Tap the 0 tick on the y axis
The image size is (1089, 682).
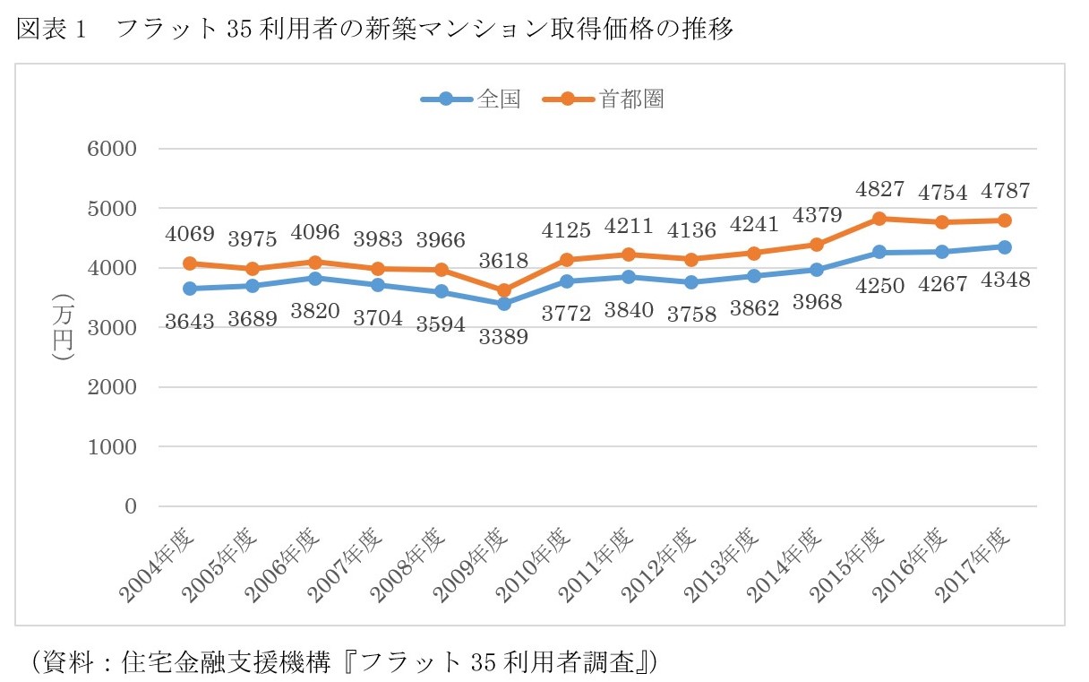tap(130, 506)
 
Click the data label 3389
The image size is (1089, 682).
tap(504, 337)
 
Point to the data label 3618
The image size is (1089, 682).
tap(504, 261)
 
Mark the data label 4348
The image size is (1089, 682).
tap(1005, 280)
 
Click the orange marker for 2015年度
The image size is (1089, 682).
tap(879, 219)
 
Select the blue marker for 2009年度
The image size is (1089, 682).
tap(504, 304)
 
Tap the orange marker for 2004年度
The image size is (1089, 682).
tap(190, 263)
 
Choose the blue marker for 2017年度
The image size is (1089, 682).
tap(1005, 247)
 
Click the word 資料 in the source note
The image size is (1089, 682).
tap(65, 662)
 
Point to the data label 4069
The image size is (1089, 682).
tap(190, 236)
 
